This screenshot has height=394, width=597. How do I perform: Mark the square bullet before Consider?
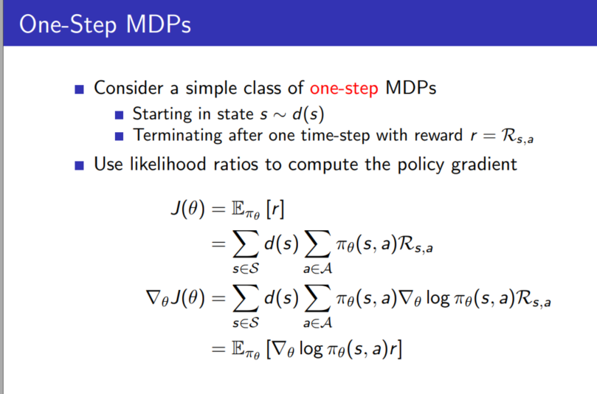[80, 89]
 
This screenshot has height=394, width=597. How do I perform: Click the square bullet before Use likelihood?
[80, 164]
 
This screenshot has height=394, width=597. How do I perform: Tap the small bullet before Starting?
[120, 115]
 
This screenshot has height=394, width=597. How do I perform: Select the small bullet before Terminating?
[120, 136]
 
